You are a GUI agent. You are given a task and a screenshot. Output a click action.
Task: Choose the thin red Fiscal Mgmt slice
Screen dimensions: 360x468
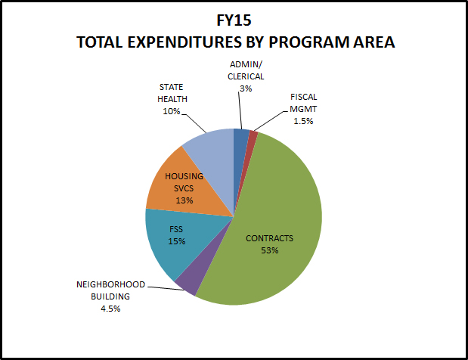pos(253,136)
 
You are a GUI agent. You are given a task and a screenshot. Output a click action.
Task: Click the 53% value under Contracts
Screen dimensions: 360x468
pos(270,250)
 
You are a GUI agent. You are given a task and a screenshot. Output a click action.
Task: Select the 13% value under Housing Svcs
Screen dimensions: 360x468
pos(184,200)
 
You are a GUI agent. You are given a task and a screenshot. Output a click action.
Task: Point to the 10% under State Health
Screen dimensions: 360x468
pos(170,111)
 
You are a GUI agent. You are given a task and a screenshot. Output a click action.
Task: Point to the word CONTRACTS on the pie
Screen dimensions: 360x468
pos(270,238)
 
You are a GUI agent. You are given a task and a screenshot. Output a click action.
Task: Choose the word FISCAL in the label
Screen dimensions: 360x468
pos(305,98)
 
